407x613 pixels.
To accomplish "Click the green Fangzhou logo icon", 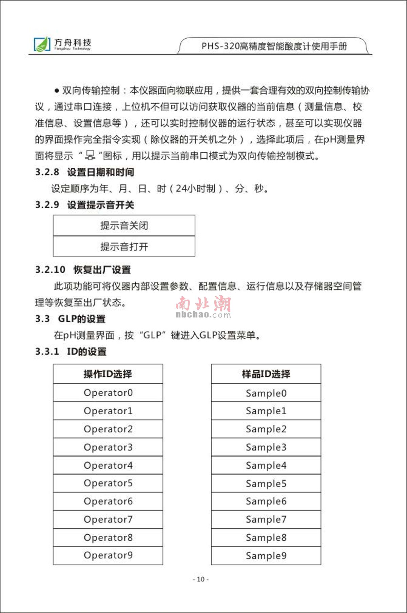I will pyautogui.click(x=42, y=44).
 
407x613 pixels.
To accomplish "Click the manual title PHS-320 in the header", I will pyautogui.click(x=274, y=46).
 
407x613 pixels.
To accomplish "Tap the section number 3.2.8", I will pyautogui.click(x=47, y=172).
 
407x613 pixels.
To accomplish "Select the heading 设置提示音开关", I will pyautogui.click(x=100, y=205).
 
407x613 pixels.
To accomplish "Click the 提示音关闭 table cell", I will pyautogui.click(x=124, y=225).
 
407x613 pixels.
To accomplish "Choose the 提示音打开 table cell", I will pyautogui.click(x=124, y=246).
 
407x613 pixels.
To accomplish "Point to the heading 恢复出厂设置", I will pyautogui.click(x=102, y=270).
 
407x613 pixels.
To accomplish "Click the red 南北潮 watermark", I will pyautogui.click(x=203, y=304).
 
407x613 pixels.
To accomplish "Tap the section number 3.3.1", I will pyautogui.click(x=47, y=351).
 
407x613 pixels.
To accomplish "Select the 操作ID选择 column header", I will pyautogui.click(x=108, y=374).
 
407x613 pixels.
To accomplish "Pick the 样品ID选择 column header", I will pyautogui.click(x=266, y=374).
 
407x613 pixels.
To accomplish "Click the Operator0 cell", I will pyautogui.click(x=108, y=393).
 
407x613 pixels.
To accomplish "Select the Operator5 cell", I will pyautogui.click(x=108, y=483).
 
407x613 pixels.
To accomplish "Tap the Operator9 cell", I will pyautogui.click(x=108, y=555).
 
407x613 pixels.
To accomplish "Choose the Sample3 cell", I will pyautogui.click(x=266, y=447).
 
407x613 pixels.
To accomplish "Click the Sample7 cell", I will pyautogui.click(x=266, y=519).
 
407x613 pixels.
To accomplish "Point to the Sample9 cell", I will pyautogui.click(x=266, y=556).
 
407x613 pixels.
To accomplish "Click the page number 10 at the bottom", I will pyautogui.click(x=200, y=579).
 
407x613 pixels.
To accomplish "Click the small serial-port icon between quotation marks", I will pyautogui.click(x=90, y=156).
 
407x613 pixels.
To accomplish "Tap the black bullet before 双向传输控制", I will pyautogui.click(x=57, y=91).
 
